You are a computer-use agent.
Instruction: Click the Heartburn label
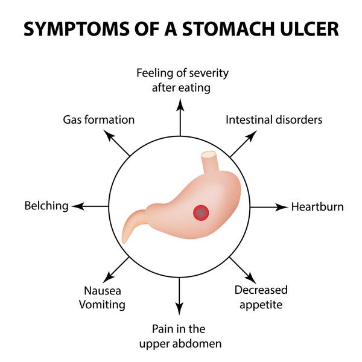(x=317, y=206)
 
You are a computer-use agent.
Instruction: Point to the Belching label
(x=46, y=206)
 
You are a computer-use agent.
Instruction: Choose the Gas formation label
(x=99, y=120)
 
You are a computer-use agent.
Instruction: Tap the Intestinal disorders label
(x=274, y=120)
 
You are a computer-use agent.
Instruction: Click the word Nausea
(x=103, y=291)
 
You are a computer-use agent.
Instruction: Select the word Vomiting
(x=102, y=305)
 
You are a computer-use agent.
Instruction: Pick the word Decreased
(x=261, y=290)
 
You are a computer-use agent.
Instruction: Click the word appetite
(x=261, y=305)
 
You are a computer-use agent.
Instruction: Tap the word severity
(x=209, y=74)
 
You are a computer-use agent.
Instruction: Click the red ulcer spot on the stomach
(x=201, y=212)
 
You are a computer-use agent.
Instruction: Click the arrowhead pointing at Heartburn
(x=282, y=207)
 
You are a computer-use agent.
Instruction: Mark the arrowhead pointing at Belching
(x=78, y=206)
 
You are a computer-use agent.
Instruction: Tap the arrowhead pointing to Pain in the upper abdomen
(x=179, y=309)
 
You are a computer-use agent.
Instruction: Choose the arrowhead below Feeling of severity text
(x=180, y=104)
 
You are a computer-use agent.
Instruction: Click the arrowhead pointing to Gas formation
(x=109, y=135)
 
